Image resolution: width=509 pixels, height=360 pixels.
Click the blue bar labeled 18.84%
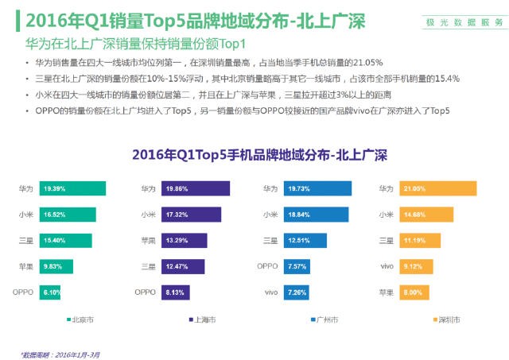313,215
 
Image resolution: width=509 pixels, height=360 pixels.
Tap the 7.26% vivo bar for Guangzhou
295,292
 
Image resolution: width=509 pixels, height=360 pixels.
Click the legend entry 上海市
204,319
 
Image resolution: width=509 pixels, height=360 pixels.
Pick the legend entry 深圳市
445,319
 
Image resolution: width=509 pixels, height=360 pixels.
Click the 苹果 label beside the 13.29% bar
148,240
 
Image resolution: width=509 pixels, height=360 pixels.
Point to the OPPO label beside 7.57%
267,266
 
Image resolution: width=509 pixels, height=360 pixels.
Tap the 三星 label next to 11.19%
387,240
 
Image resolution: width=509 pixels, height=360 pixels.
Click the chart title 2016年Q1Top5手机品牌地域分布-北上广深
254,153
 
